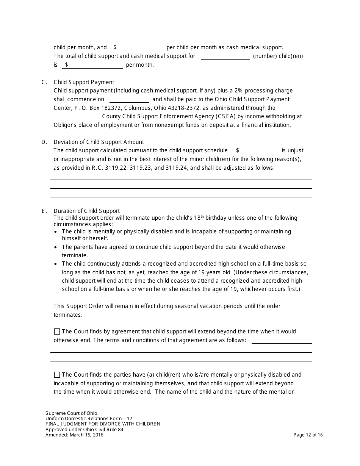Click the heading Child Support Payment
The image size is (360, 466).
click(x=84, y=82)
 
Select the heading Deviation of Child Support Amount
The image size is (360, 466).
click(x=99, y=142)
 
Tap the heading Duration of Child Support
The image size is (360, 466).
click(x=86, y=211)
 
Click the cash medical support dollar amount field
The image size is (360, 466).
click(x=139, y=48)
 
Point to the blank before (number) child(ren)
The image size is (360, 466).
click(x=225, y=56)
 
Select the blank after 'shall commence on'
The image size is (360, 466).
click(x=129, y=99)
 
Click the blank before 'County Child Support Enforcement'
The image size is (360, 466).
click(x=75, y=117)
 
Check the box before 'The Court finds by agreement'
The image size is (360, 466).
click(x=57, y=332)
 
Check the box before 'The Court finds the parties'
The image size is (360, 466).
click(x=57, y=375)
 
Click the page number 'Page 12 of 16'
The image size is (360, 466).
click(x=308, y=435)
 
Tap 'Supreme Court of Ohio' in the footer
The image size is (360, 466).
click(x=71, y=413)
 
